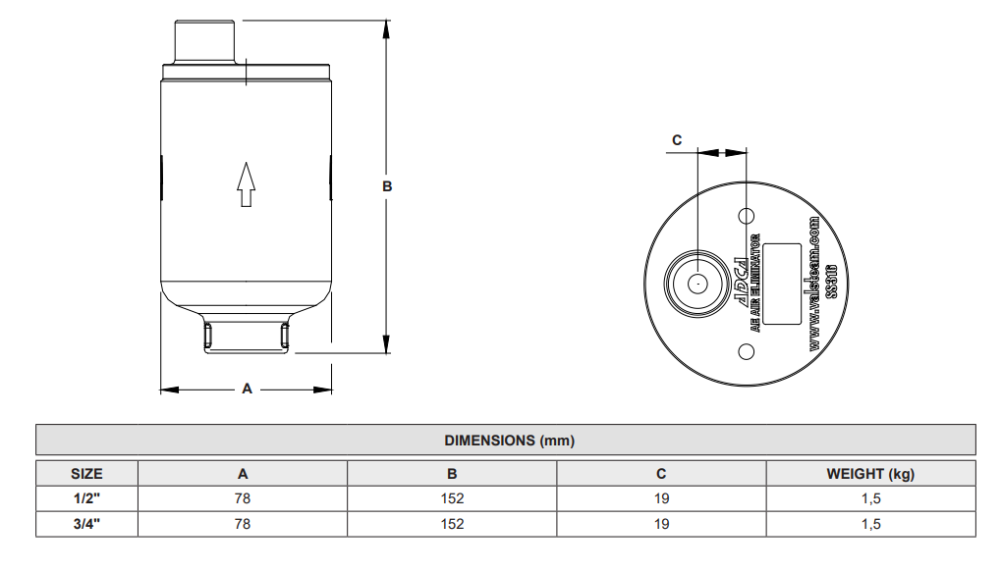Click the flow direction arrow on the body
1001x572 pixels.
[247, 183]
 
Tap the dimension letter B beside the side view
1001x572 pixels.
[387, 185]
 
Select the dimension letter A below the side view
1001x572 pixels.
[248, 389]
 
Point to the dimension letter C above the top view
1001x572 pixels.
[676, 140]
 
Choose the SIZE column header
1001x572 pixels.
[86, 474]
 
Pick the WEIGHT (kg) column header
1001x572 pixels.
[869, 474]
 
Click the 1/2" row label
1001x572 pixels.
[86, 498]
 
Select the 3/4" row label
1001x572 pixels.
[86, 524]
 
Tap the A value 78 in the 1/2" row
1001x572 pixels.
[243, 498]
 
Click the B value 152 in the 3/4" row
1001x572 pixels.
[452, 524]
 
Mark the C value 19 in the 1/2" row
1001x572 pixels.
[661, 498]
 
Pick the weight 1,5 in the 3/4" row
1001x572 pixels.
[869, 524]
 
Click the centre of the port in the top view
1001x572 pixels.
[696, 284]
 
